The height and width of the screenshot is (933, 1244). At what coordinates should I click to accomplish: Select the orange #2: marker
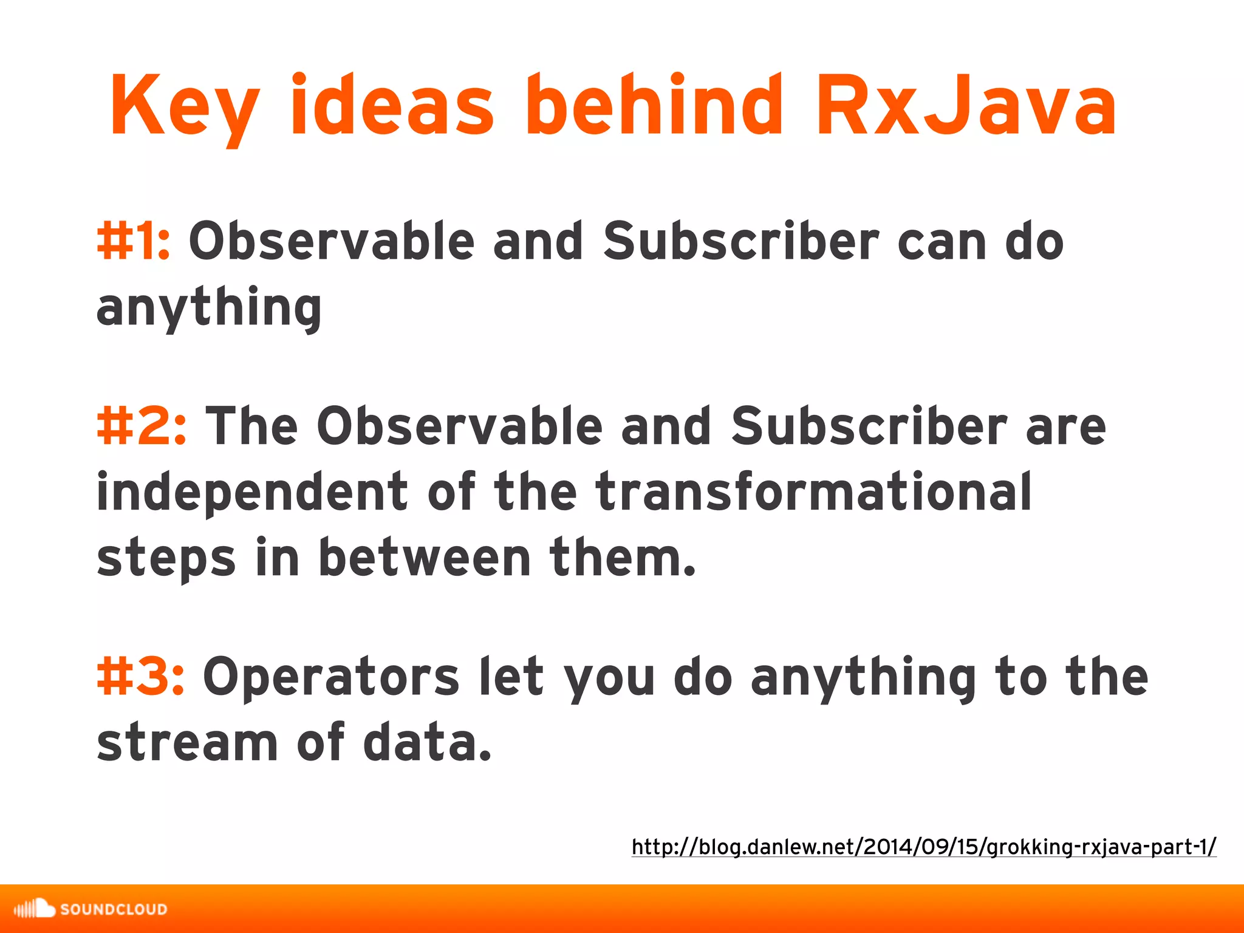click(142, 426)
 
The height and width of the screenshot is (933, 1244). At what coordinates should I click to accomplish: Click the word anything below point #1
click(209, 307)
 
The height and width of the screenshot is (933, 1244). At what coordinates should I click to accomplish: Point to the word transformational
click(813, 491)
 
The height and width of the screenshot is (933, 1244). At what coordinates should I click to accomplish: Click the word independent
click(252, 491)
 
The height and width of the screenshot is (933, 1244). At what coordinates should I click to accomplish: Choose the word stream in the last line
click(187, 742)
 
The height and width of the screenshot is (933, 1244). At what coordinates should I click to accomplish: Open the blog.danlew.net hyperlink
click(923, 846)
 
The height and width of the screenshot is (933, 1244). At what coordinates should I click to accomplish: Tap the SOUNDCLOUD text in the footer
click(114, 909)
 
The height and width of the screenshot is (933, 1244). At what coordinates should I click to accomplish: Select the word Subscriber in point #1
click(741, 241)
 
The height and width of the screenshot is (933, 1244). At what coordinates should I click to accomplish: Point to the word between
click(425, 557)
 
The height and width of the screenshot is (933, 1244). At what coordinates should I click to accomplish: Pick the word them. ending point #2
click(623, 557)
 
